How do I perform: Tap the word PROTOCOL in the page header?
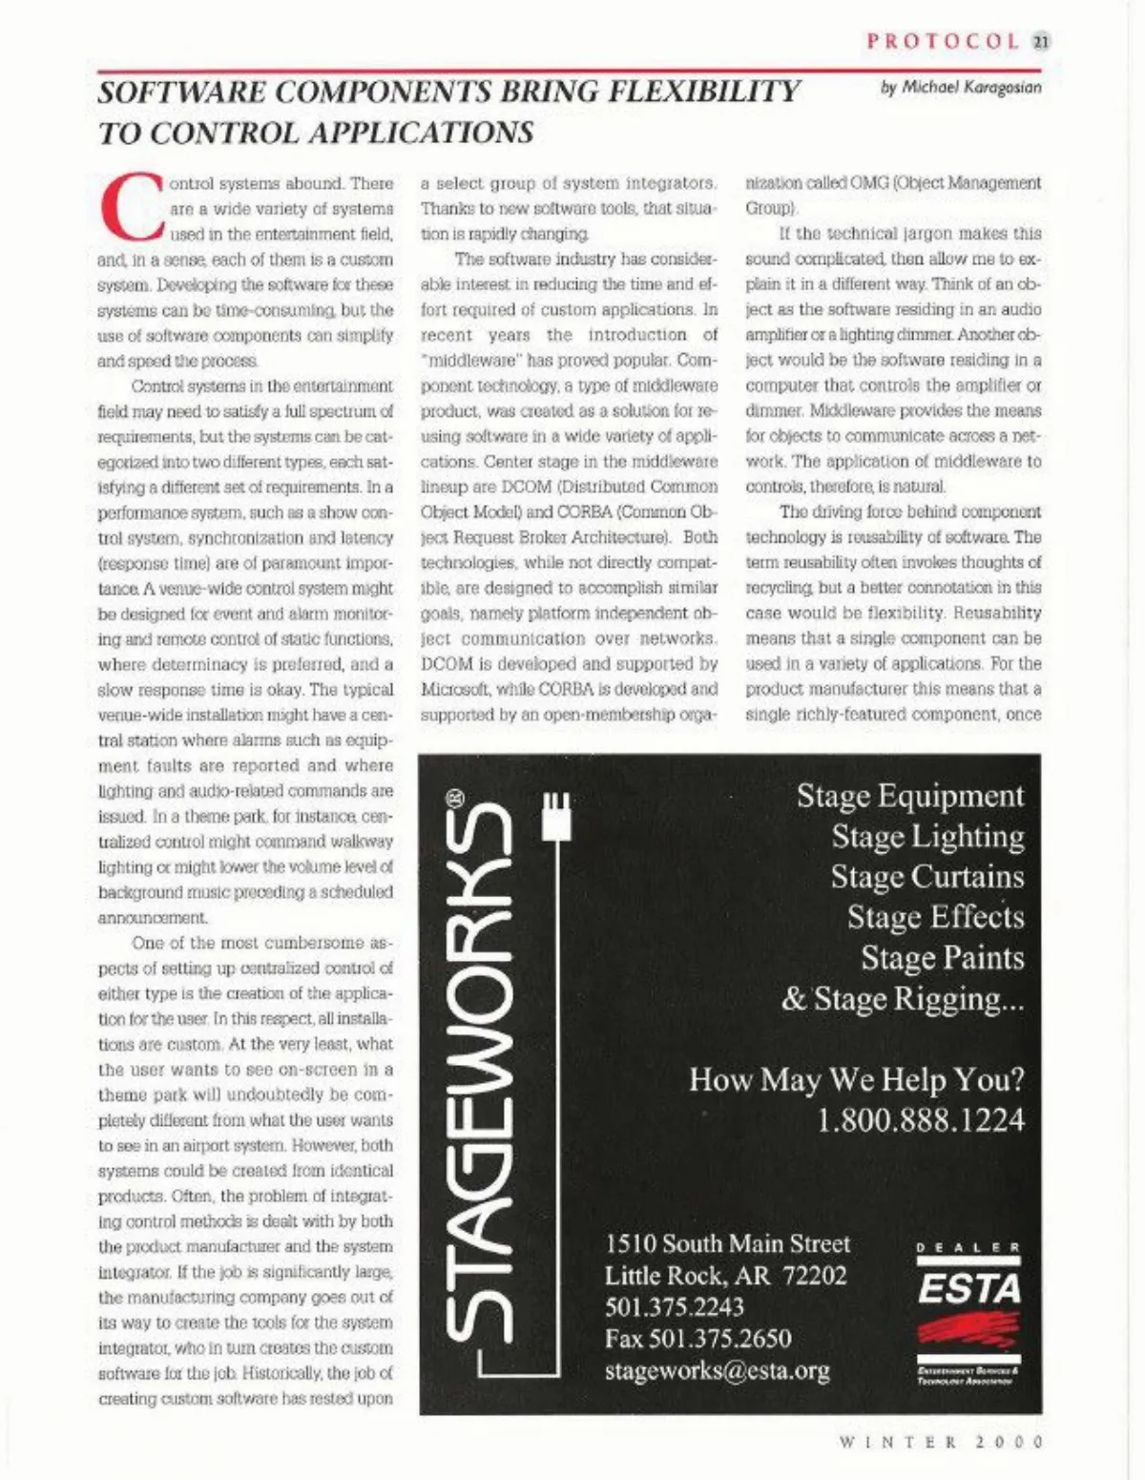coord(942,41)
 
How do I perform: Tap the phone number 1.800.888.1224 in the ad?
coord(921,1120)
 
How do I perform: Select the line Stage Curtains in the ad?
coord(926,877)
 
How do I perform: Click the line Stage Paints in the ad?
coord(942,958)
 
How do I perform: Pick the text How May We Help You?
coord(856,1080)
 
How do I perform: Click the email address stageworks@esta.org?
coord(717,1371)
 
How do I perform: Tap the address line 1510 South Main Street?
coord(727,1244)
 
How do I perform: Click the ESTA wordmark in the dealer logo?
coord(968,1290)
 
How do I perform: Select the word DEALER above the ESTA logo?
coord(968,1247)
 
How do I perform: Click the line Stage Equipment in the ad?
coord(910,796)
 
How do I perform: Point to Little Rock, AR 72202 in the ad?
coord(725,1276)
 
